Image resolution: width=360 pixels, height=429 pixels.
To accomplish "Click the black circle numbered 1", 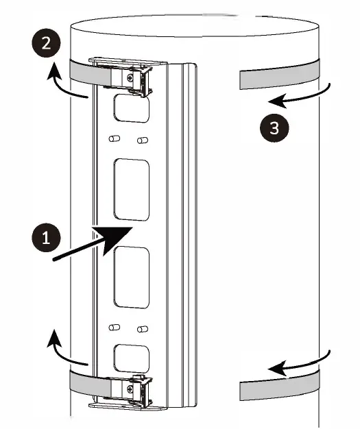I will click(46, 238).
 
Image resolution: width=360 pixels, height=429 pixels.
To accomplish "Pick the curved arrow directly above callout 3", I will click(301, 98).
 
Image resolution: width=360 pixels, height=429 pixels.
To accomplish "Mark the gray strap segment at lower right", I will click(278, 389).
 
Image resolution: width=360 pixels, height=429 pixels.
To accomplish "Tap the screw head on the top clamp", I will click(130, 79).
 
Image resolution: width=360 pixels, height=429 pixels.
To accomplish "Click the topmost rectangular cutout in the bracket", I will click(131, 108).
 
